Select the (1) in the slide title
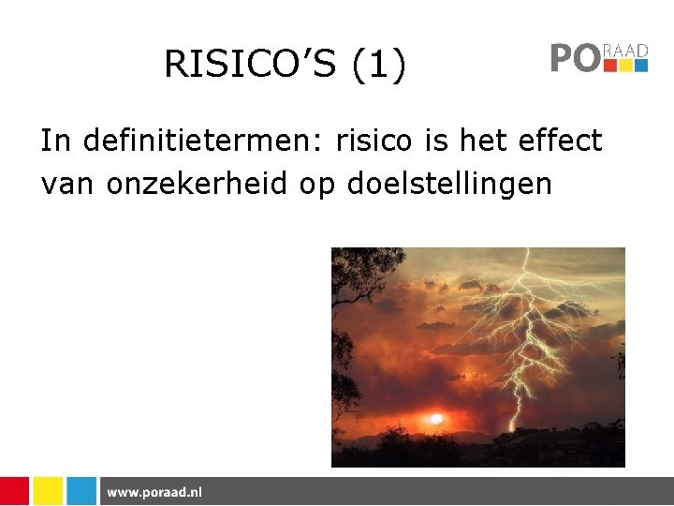(x=380, y=64)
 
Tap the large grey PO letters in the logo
(x=574, y=58)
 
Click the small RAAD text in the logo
(x=626, y=51)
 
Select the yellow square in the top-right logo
(x=626, y=66)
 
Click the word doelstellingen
(x=449, y=184)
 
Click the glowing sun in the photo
(x=437, y=418)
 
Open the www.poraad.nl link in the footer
(x=154, y=492)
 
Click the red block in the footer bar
(x=14, y=491)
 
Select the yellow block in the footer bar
(x=48, y=491)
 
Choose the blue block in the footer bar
(x=81, y=491)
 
